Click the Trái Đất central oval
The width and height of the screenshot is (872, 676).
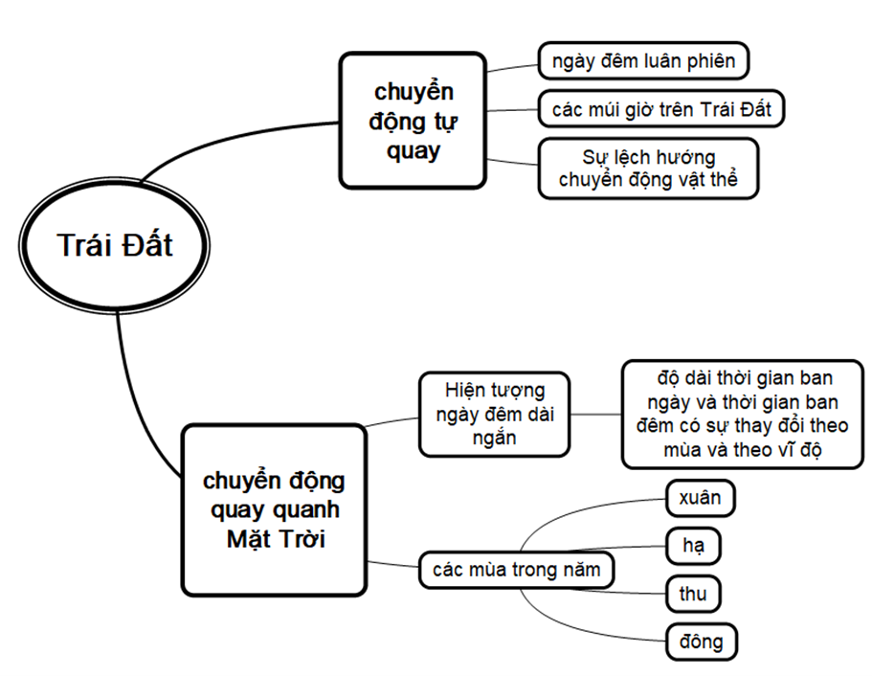pyautogui.click(x=115, y=245)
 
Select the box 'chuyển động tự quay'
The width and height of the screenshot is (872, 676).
pyautogui.click(x=413, y=120)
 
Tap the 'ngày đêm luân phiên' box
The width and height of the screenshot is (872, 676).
pyautogui.click(x=642, y=61)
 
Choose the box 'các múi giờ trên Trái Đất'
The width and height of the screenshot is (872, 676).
pyautogui.click(x=661, y=109)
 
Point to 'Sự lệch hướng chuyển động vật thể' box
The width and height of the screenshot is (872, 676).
pyautogui.click(x=648, y=169)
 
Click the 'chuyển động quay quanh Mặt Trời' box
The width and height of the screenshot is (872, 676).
pyautogui.click(x=275, y=508)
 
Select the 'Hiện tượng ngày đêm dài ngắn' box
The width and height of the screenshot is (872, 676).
pyautogui.click(x=494, y=414)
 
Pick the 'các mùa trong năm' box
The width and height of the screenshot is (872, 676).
pyautogui.click(x=517, y=571)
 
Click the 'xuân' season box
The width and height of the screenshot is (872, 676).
pyautogui.click(x=699, y=498)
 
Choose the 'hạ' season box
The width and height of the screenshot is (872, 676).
pyautogui.click(x=693, y=546)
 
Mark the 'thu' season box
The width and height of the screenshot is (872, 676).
pyautogui.click(x=693, y=594)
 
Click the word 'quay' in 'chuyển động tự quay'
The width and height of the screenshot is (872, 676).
pyautogui.click(x=414, y=149)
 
